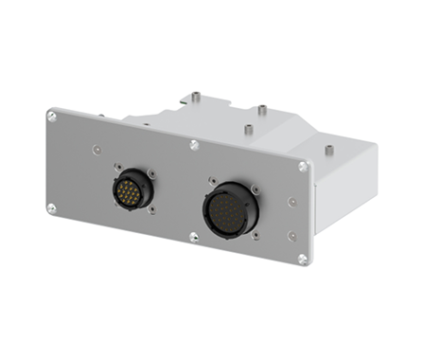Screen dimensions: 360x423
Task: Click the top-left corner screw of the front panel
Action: tap(52, 116)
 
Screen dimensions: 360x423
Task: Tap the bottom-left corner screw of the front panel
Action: tap(52, 208)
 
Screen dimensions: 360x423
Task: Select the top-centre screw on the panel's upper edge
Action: tap(194, 145)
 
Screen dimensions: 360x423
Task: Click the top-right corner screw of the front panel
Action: tap(303, 167)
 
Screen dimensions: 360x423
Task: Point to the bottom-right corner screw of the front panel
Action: tap(303, 258)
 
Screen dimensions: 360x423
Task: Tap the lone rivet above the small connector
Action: tap(96, 149)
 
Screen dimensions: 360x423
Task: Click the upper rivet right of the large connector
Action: tap(293, 202)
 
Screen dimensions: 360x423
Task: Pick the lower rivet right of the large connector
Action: tap(292, 236)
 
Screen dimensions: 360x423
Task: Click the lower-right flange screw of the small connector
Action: tap(152, 210)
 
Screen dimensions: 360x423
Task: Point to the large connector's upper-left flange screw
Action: tap(213, 180)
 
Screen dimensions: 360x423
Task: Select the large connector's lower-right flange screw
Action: tap(256, 241)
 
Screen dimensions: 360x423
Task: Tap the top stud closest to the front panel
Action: tap(247, 130)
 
